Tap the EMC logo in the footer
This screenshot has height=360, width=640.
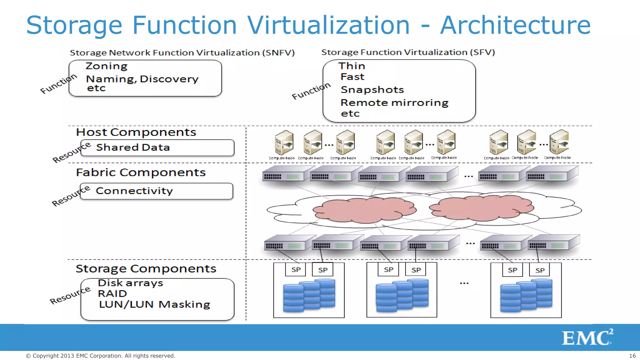coord(587,337)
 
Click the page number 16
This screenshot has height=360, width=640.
coord(632,356)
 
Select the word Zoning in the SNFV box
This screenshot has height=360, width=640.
coord(107,66)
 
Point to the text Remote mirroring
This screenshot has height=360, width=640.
coord(394,103)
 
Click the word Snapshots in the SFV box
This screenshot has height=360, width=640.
coord(372,90)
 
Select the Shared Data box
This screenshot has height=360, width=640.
coord(157,147)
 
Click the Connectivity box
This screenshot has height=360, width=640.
coord(156,191)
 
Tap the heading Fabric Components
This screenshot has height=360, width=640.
coord(141,172)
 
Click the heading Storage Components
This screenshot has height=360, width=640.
coord(146,269)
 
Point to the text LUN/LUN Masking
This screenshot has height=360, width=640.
coord(154,304)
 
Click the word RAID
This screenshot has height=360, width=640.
coord(112,294)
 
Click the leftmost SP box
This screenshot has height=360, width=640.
coord(295,270)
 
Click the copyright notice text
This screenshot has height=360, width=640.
coord(100,356)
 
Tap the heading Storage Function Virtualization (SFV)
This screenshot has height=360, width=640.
coord(408,52)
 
